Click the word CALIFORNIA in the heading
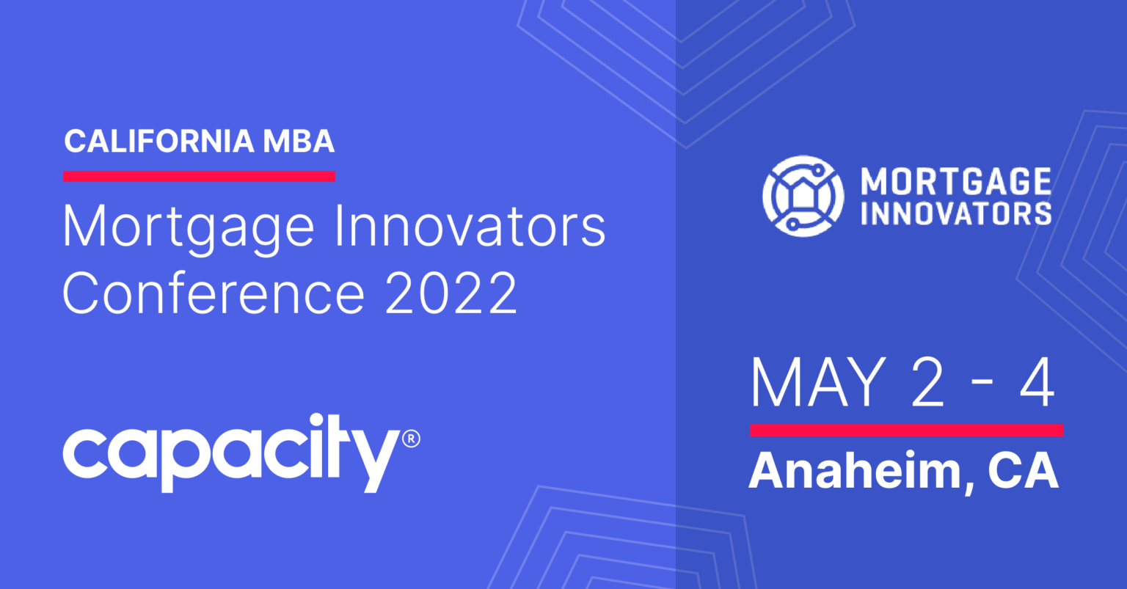(159, 141)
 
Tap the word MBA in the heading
(299, 141)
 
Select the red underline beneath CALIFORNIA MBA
(200, 176)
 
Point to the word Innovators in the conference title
(470, 227)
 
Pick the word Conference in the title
(214, 293)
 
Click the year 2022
(451, 293)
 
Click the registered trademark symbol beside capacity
(411, 439)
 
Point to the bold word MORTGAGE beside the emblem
(956, 181)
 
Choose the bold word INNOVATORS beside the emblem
(956, 213)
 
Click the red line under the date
(907, 430)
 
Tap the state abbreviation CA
(1024, 471)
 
